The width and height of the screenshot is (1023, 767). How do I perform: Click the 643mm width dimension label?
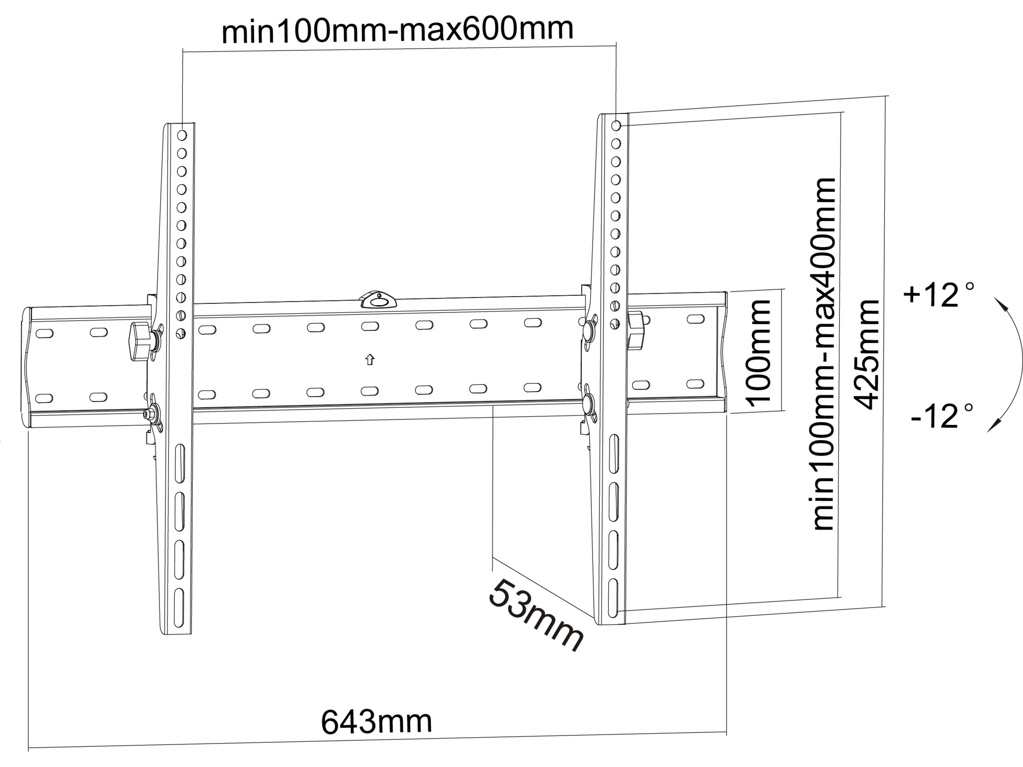click(x=376, y=721)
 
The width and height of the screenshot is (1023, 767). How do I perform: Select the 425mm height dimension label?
click(x=866, y=355)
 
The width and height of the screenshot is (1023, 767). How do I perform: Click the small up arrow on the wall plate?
click(x=370, y=360)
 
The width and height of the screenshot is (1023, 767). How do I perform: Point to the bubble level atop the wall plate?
click(x=379, y=299)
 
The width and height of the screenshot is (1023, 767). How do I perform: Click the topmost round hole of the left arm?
click(x=182, y=135)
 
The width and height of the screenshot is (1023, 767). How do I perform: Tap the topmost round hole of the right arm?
click(x=616, y=125)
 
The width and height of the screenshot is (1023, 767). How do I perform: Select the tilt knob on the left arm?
click(x=140, y=342)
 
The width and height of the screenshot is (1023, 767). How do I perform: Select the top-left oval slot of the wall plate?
click(x=44, y=333)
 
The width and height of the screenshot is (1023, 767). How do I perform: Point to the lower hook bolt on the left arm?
click(x=152, y=413)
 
